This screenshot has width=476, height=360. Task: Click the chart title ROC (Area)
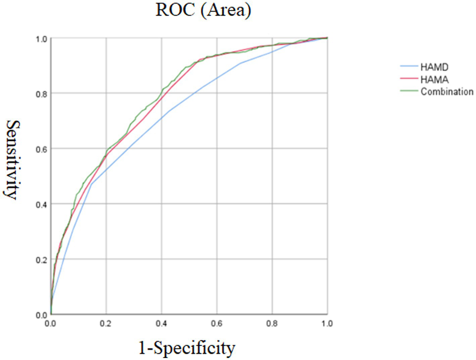(203, 10)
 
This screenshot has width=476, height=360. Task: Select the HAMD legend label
(434, 67)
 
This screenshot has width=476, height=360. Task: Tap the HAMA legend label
(434, 80)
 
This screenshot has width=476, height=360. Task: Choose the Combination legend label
(447, 92)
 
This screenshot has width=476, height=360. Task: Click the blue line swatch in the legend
(409, 66)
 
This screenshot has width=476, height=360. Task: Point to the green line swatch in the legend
(409, 91)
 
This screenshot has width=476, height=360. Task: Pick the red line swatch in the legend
(409, 79)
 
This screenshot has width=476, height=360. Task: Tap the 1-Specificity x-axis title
(187, 348)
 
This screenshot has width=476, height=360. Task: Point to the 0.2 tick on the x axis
(106, 323)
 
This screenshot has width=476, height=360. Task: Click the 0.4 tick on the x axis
(161, 323)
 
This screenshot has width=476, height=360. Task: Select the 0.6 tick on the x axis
(217, 323)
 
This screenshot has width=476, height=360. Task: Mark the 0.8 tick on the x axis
(272, 323)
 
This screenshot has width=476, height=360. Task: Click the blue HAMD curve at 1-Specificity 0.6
(217, 78)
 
